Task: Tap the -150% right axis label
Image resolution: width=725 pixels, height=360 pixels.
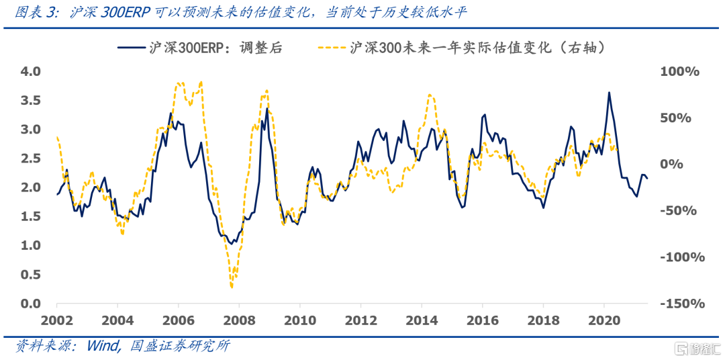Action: pyautogui.click(x=680, y=304)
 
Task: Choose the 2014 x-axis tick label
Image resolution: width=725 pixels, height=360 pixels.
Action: pyautogui.click(x=421, y=320)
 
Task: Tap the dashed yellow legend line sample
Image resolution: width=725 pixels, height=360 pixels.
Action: pyautogui.click(x=332, y=47)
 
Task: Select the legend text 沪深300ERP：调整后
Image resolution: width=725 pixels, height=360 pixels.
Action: pyautogui.click(x=216, y=47)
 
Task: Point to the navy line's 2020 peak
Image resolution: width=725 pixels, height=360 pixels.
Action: pyautogui.click(x=609, y=93)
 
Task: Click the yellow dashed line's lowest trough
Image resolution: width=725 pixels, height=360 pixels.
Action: pyautogui.click(x=232, y=287)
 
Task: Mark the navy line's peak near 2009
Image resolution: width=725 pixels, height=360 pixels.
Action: pyautogui.click(x=267, y=108)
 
